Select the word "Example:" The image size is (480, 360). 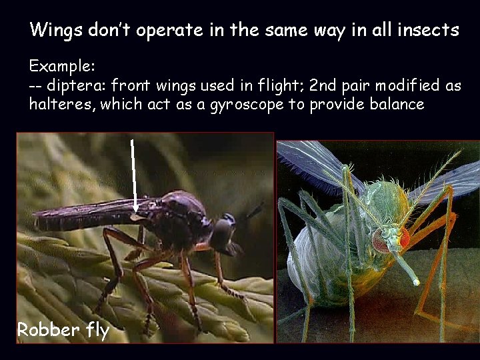(x=63, y=67)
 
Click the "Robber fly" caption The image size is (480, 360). (x=63, y=329)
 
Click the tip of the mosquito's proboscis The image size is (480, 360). (x=417, y=283)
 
